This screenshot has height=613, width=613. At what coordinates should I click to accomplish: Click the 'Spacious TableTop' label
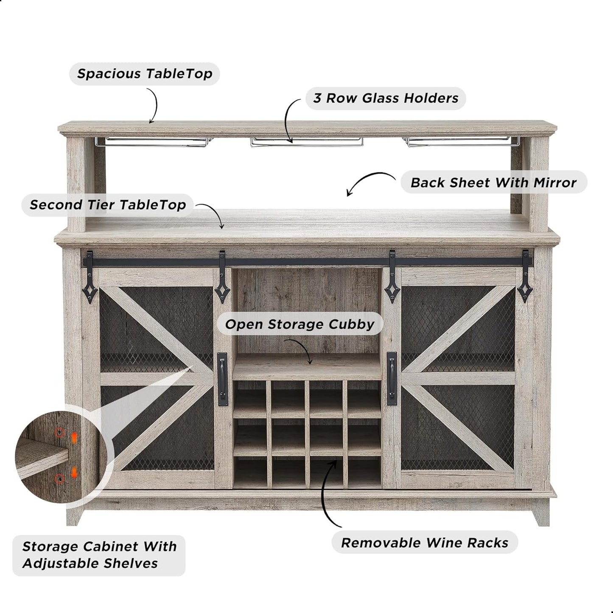145,74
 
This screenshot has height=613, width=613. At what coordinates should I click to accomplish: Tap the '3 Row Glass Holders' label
386,98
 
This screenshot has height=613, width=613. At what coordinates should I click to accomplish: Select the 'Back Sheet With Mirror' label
493,182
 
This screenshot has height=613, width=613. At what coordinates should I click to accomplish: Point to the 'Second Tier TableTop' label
108,205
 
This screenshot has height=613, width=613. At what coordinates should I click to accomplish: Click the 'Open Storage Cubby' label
300,325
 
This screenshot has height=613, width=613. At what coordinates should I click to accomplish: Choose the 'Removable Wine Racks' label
425,543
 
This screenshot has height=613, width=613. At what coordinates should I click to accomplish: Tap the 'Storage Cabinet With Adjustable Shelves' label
99,555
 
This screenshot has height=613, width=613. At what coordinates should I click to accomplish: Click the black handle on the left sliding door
223,379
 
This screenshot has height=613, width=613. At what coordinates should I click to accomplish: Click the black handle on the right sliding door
392,378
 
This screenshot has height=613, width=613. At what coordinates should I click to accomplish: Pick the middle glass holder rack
307,142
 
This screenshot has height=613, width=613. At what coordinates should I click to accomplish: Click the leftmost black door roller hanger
90,277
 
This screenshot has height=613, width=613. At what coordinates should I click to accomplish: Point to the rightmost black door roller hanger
525,276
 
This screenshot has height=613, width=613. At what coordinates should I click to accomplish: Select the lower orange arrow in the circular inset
74,473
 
